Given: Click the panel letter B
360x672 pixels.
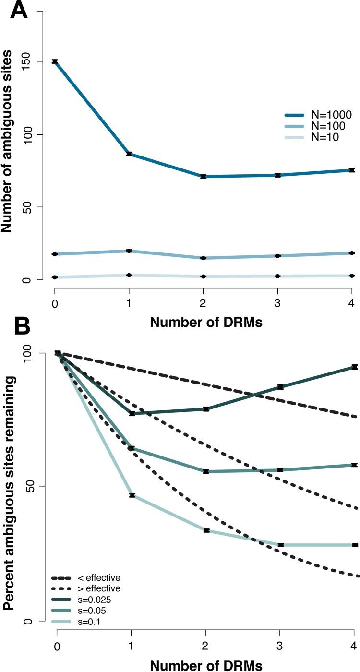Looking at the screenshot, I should coord(15,328).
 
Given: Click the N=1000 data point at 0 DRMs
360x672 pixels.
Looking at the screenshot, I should coord(55,61).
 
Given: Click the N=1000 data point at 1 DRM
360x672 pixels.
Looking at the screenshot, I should coord(129,154).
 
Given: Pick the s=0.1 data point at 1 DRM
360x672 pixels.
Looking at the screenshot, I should coord(132,495).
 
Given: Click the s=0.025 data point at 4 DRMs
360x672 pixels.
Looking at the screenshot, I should coord(355,367).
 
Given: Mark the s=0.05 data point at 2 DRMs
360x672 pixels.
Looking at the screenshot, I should coord(206,471).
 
